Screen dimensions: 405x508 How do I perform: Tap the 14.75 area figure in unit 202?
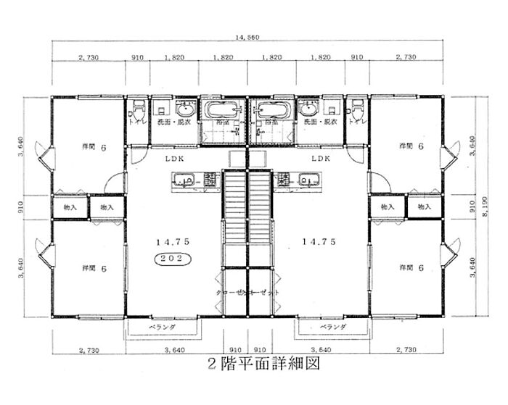pos(171,242)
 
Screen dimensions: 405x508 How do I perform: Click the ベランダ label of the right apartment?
pos(332,327)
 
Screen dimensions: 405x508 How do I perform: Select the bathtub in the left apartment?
pos(224,112)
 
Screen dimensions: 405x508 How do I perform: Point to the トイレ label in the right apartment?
pos(356,122)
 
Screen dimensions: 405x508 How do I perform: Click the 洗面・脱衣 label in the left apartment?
pos(173,123)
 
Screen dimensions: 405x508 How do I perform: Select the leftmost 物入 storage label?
pos(70,207)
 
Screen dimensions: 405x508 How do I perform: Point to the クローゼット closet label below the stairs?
pos(248,292)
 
